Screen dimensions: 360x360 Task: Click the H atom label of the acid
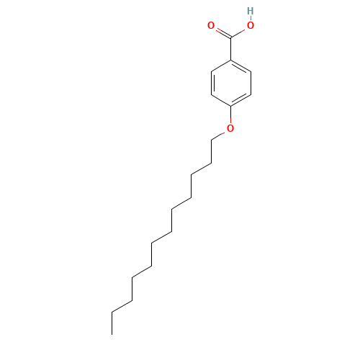(x=250, y=11)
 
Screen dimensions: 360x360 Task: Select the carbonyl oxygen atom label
(x=211, y=25)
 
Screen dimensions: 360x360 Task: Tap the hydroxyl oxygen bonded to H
(x=250, y=25)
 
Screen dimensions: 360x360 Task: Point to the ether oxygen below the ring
(x=230, y=128)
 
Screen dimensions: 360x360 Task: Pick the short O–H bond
(x=250, y=18)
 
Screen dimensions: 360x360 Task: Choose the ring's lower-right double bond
(x=240, y=100)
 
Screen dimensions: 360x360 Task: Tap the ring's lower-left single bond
(x=221, y=100)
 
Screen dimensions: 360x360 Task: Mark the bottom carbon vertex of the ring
(x=230, y=106)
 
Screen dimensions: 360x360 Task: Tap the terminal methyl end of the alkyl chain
(x=112, y=312)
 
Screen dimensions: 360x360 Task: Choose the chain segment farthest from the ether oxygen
(x=122, y=307)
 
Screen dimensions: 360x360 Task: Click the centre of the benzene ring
(x=230, y=83)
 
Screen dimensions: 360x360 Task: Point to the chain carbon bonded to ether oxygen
(x=212, y=140)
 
